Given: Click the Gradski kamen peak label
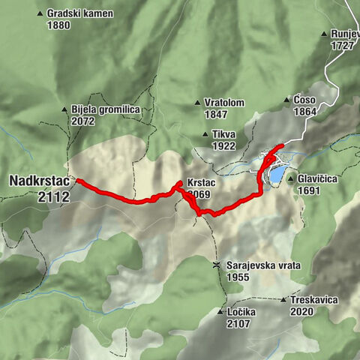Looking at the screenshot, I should pos(79,13).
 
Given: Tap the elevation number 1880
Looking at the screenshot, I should pos(58,25).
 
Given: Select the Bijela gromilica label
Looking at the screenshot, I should pos(106,109).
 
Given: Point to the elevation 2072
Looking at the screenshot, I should pos(82,120).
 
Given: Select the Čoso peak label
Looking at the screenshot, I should pos(304,100).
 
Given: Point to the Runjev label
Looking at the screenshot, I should pos(344,34).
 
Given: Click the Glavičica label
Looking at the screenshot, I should pos(319,179).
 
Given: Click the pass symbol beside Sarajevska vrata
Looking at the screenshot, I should pos(216,265).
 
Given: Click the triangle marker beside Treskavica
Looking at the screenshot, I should pos(283,300).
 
